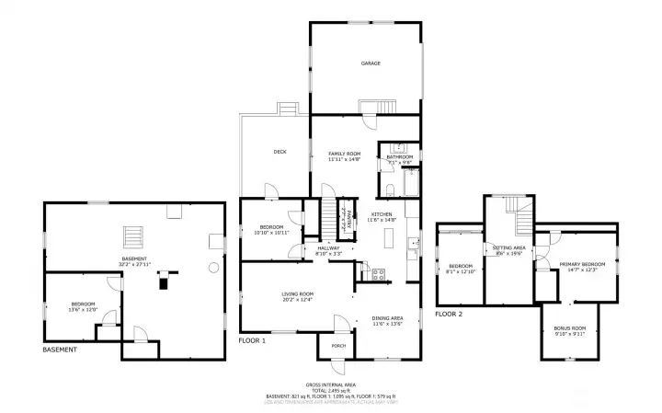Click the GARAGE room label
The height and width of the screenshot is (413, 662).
coord(371,63)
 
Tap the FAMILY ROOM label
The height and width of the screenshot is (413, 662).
coord(345,153)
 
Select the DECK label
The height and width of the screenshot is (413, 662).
coord(280,152)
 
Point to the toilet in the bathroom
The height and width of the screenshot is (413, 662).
coord(390,191)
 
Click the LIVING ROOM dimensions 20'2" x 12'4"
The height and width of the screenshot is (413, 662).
coord(297,300)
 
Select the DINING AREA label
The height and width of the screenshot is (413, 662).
coord(387,317)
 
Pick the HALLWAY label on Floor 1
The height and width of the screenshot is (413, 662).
coord(328,247)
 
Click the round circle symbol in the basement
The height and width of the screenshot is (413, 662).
coord(213,268)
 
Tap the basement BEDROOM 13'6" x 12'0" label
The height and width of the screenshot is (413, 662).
coord(84,304)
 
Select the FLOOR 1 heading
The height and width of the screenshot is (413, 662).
coord(252,340)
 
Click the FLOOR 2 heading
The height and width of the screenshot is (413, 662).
coord(448,315)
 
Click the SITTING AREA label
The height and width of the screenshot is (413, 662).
coord(508,248)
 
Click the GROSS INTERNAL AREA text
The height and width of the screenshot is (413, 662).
coord(330,384)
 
